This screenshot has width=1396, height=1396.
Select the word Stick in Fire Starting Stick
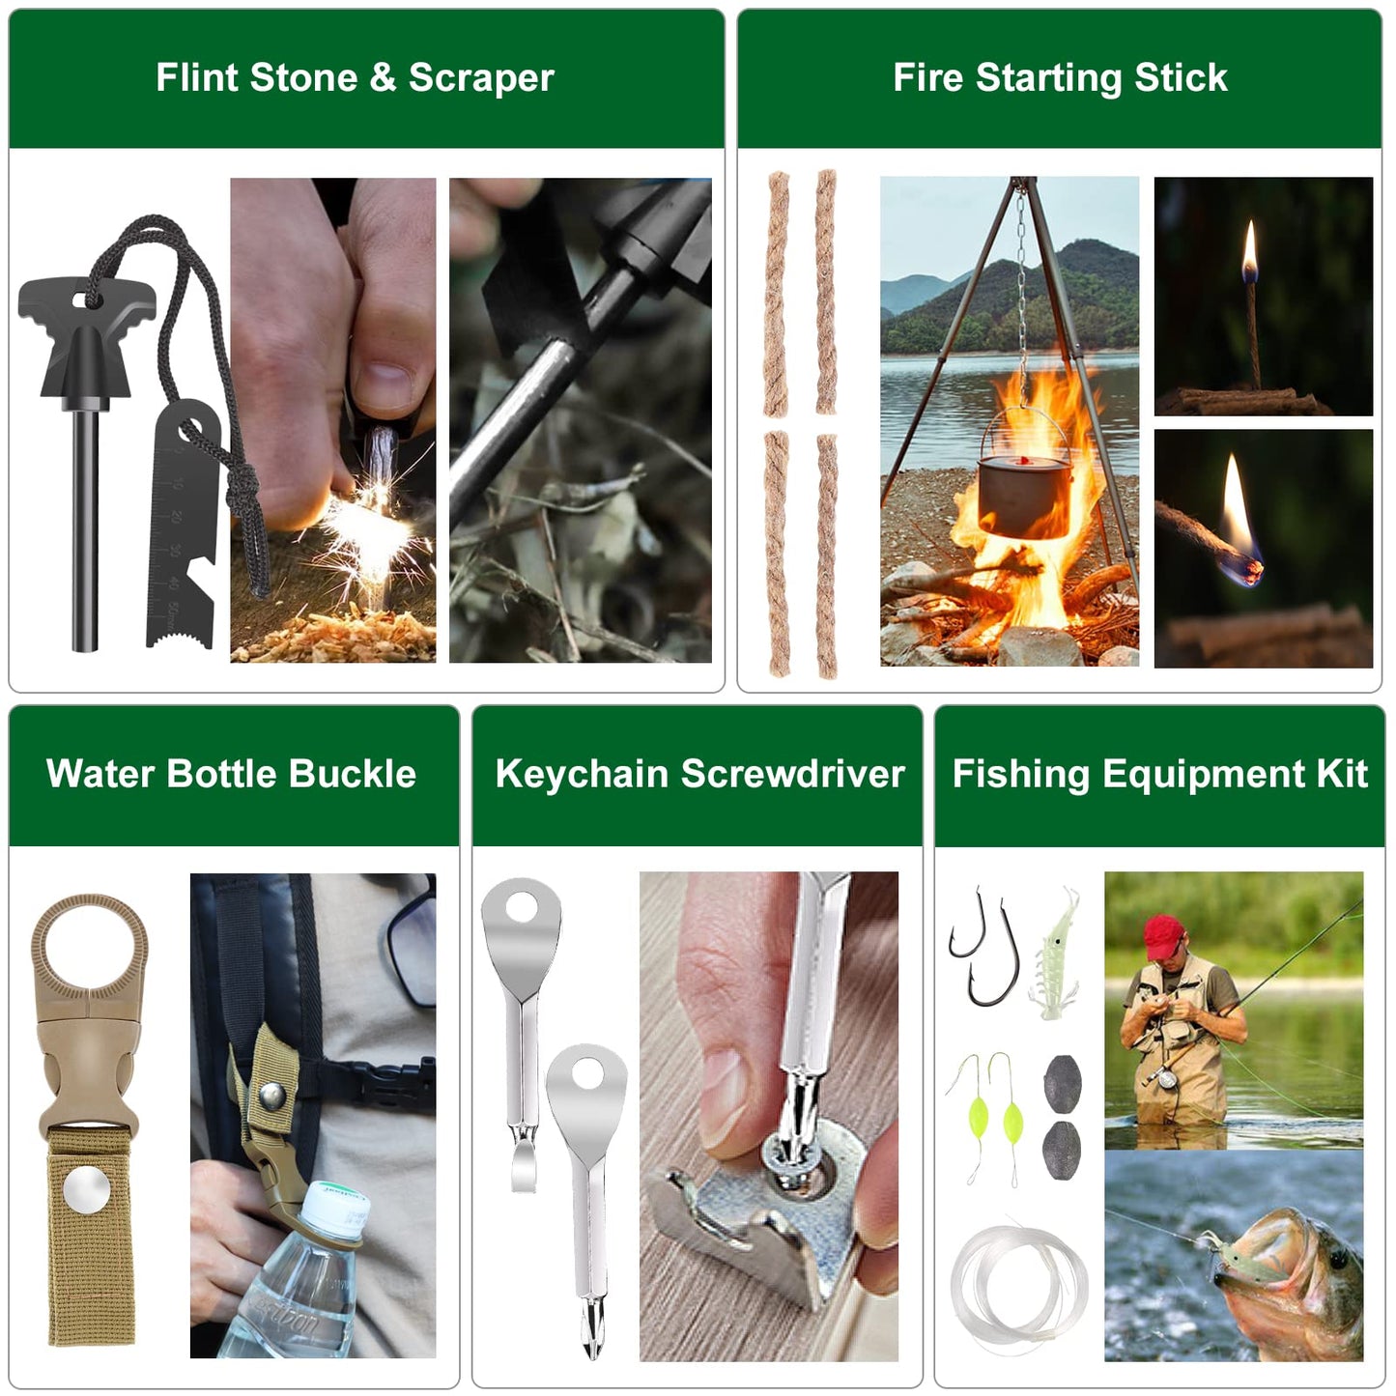click(1180, 77)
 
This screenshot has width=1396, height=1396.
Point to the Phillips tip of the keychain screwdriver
click(590, 1338)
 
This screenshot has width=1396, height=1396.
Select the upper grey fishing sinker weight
click(1062, 1083)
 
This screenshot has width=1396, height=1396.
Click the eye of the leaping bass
click(1337, 1258)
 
